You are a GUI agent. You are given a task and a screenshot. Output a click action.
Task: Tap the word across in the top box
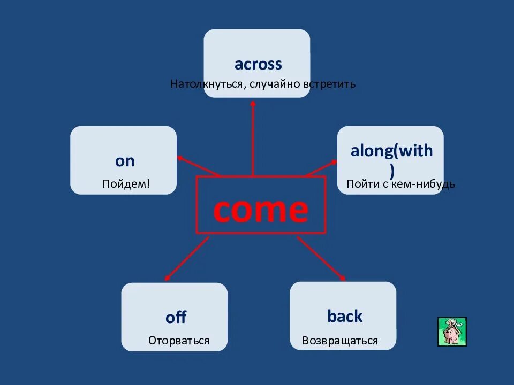258,64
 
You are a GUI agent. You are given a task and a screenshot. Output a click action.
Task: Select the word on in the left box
125,161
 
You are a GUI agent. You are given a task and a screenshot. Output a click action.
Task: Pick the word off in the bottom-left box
176,317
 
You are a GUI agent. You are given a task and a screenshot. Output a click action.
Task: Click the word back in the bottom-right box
345,316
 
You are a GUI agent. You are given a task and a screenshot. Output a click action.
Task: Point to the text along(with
391,151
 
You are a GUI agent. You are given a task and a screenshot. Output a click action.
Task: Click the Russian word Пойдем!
126,184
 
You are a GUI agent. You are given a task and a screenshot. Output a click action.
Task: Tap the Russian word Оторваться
179,341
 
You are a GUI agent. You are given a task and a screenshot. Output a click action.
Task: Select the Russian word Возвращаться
340,341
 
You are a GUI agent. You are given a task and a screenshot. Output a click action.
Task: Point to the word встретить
329,84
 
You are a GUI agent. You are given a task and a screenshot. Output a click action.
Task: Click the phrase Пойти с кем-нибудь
400,184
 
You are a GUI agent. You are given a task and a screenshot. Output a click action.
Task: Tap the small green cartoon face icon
452,332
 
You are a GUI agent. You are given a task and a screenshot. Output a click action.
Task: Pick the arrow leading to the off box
187,259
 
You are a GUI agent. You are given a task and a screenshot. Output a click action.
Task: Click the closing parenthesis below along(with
392,171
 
